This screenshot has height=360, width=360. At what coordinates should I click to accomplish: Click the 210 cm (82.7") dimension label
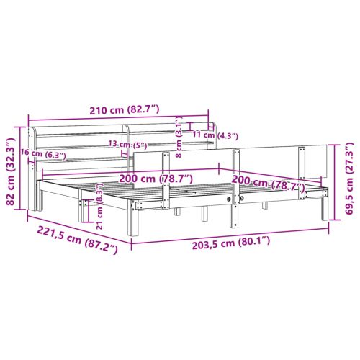125,110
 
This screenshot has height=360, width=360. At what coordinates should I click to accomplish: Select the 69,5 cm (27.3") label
349,178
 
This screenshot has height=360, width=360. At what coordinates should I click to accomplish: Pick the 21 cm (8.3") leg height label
99,206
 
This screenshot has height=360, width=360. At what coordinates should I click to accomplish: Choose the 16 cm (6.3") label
42,153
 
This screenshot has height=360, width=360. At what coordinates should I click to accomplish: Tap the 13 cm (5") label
127,145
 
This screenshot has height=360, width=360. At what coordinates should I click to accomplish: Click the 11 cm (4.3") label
215,135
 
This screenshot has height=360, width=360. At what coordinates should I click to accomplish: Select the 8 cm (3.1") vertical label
179,137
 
